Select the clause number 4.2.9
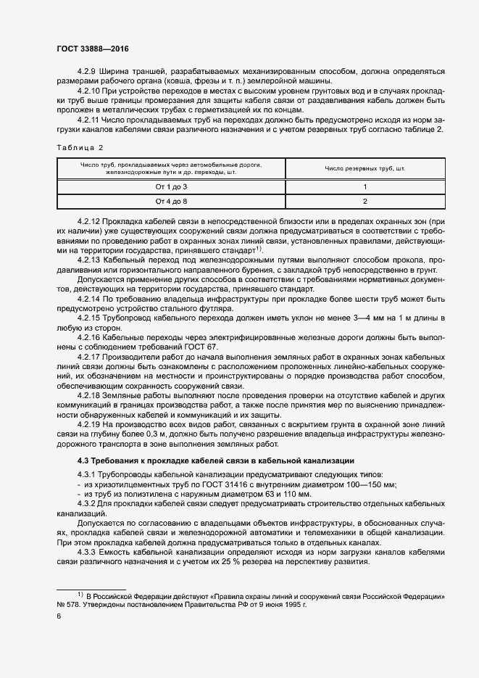point(88,71)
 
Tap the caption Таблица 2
point(80,148)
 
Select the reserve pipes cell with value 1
point(365,187)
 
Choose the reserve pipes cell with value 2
point(365,200)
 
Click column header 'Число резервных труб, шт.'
point(365,168)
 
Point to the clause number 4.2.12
point(90,220)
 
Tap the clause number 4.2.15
point(90,319)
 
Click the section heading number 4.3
point(83,460)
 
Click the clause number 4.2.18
point(90,395)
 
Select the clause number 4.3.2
point(88,503)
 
